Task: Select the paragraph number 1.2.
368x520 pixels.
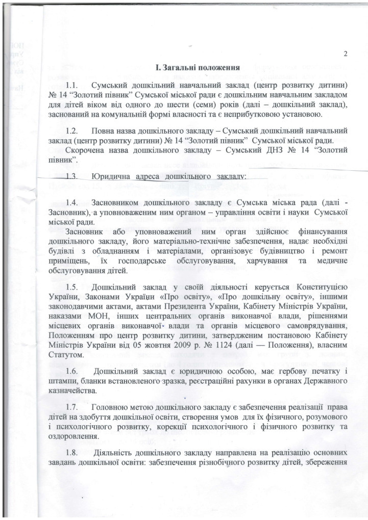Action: [74, 132]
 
